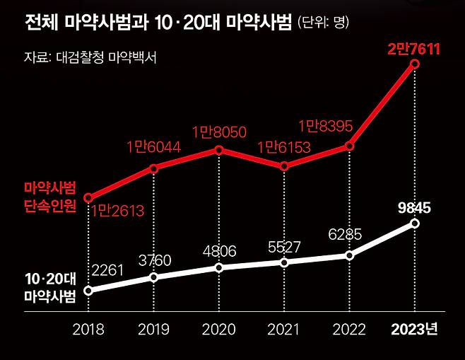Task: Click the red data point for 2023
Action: click(x=414, y=64)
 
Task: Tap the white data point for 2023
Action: click(x=414, y=223)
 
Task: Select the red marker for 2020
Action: click(x=219, y=150)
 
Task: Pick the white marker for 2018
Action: click(x=88, y=290)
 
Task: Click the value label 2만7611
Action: click(x=414, y=48)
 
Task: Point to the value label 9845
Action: click(x=414, y=207)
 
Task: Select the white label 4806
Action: click(x=219, y=251)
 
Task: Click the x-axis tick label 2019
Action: click(x=153, y=330)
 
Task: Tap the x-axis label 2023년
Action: click(x=414, y=330)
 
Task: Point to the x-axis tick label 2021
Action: click(x=284, y=330)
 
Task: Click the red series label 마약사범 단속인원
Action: click(x=49, y=199)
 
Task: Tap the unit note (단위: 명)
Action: click(x=323, y=25)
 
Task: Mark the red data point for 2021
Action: click(x=284, y=166)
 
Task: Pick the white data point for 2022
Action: click(x=349, y=255)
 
